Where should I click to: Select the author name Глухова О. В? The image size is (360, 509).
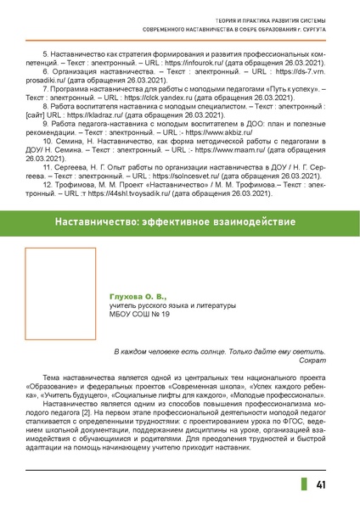pyautogui.click(x=133, y=296)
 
